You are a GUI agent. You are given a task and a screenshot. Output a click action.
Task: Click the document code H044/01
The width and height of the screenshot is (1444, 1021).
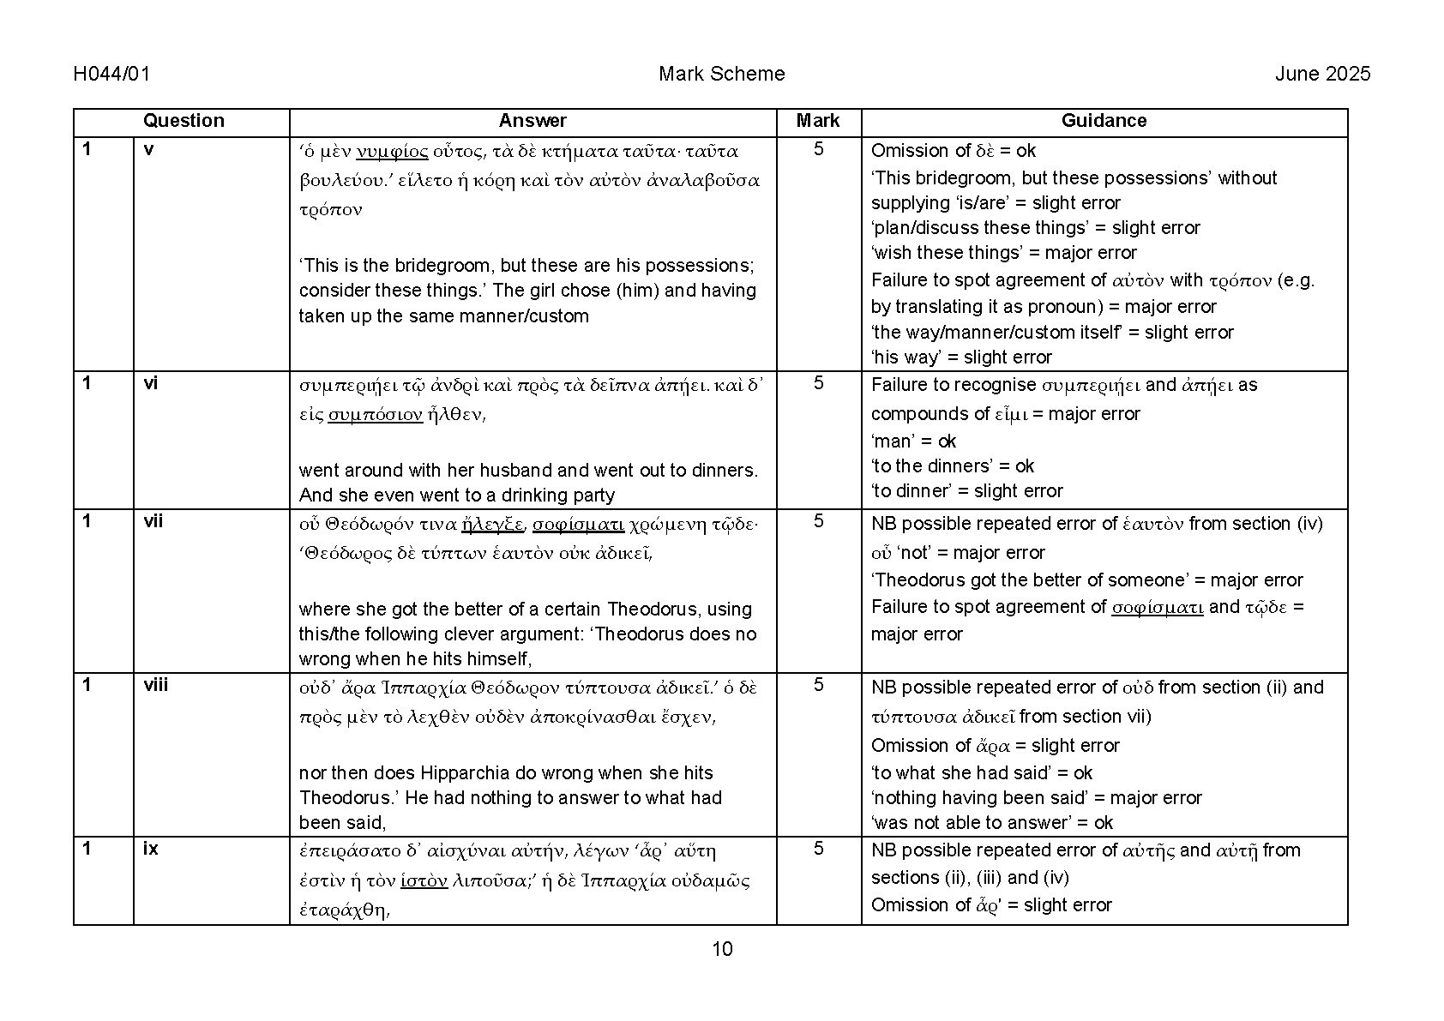click(111, 74)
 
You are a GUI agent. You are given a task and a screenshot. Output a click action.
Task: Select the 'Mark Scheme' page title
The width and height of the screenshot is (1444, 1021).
click(721, 74)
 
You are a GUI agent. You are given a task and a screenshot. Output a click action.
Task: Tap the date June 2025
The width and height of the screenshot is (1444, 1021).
click(1322, 74)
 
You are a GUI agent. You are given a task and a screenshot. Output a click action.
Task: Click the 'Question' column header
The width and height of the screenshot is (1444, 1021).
click(183, 121)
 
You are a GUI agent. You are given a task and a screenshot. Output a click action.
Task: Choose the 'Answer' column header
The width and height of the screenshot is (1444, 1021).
click(532, 121)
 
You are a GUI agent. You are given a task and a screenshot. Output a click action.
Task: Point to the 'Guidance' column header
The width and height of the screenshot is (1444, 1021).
click(1104, 121)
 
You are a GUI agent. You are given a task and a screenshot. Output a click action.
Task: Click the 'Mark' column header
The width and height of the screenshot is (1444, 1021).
click(818, 121)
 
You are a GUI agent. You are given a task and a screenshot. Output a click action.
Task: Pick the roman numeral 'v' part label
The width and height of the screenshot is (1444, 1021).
click(149, 149)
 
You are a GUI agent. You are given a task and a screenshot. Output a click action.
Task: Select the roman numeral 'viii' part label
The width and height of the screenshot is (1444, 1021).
click(155, 685)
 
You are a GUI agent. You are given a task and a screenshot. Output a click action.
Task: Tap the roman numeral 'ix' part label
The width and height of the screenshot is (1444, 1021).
click(151, 849)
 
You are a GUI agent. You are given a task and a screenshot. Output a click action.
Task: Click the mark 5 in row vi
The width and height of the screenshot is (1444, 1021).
click(818, 383)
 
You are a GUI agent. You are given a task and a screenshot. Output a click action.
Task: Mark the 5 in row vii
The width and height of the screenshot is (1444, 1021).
click(818, 521)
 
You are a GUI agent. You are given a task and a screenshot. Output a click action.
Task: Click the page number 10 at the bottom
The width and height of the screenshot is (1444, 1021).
click(722, 949)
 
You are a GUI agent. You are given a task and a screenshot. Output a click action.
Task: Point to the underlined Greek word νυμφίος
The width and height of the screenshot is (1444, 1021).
click(392, 152)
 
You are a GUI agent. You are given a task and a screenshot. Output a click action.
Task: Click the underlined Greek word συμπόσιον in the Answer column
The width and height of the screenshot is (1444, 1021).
click(376, 415)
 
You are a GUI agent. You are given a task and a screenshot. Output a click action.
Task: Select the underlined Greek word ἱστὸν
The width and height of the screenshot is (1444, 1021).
click(424, 880)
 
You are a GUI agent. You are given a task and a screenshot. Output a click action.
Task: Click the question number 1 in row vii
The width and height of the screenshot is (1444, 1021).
click(87, 521)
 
